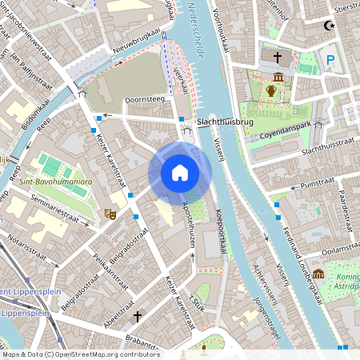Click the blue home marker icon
(x=180, y=172)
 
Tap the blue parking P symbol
(x=330, y=60)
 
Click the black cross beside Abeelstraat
(x=137, y=317)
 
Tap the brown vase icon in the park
(x=272, y=91)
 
